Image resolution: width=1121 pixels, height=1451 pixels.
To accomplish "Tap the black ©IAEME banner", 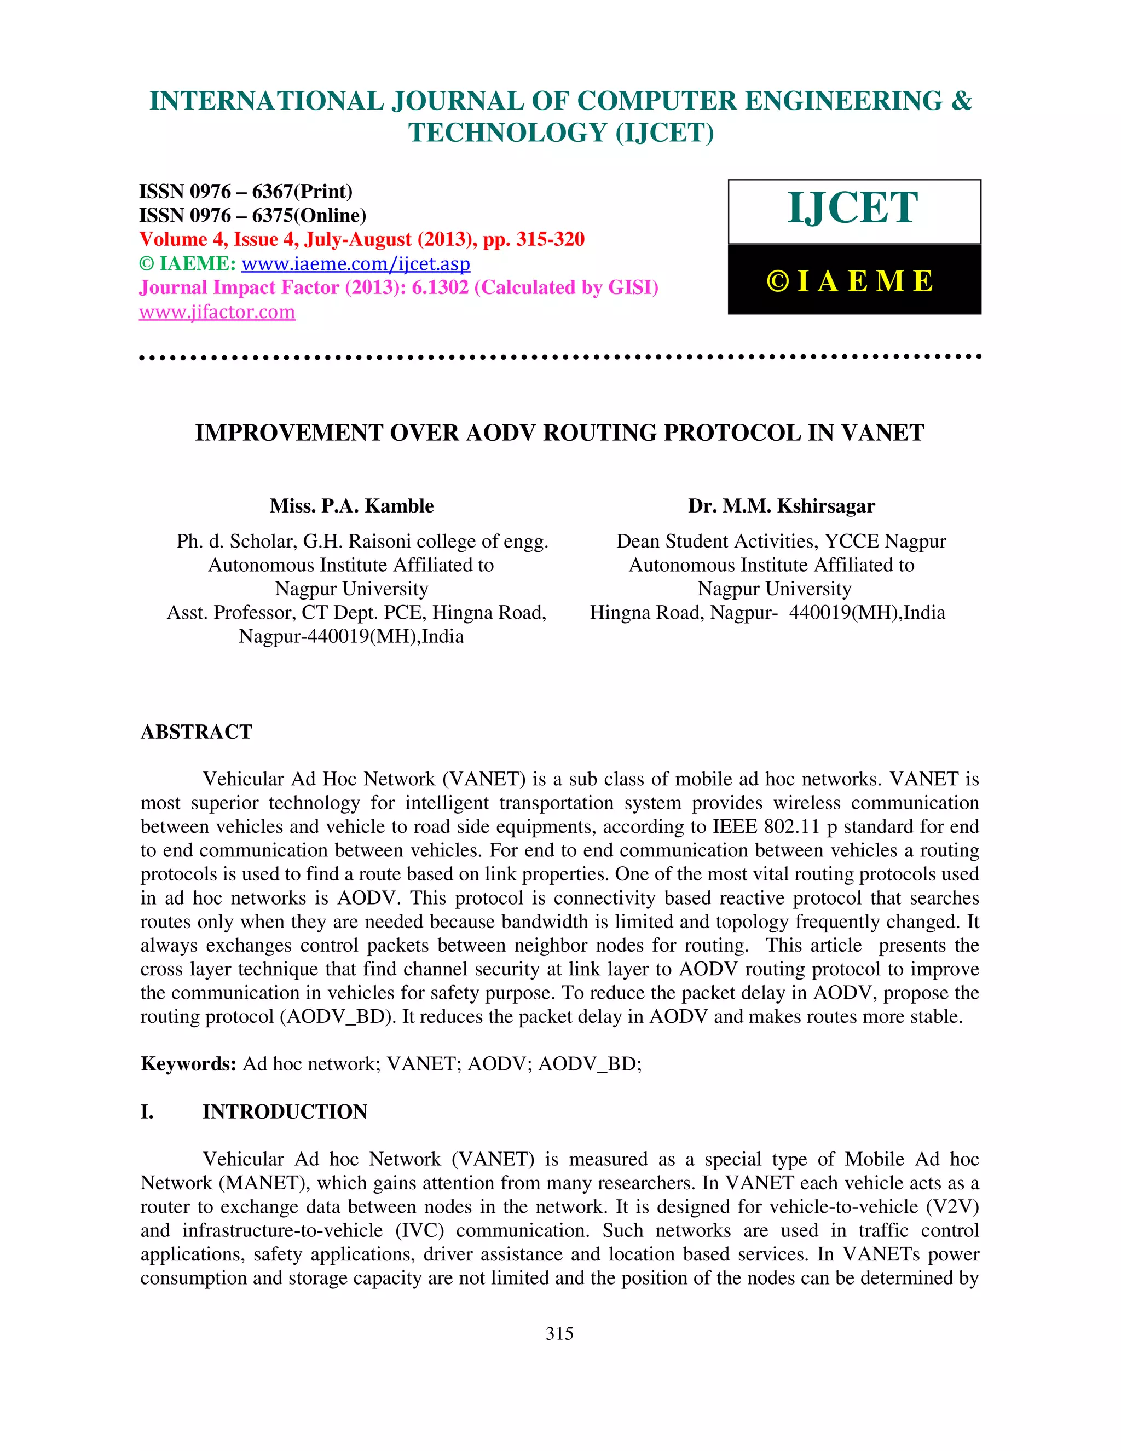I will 854,280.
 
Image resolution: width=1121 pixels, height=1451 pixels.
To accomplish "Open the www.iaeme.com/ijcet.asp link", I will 355,264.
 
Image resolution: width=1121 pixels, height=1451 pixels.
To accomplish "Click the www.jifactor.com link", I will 217,312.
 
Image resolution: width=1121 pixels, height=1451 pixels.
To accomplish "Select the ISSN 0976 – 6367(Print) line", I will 246,191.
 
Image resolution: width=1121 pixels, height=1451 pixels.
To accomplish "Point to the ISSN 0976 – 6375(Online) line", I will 252,215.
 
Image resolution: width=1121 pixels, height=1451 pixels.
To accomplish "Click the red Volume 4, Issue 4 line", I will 361,239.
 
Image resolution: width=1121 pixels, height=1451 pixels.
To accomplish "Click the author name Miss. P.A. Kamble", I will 351,506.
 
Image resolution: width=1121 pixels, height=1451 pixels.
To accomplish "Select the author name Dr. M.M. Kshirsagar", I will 781,506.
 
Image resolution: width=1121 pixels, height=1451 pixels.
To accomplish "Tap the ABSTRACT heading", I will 197,732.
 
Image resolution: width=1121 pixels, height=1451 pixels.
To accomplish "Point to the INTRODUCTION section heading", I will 284,1112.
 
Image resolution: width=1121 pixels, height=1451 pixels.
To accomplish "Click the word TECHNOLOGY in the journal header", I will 507,133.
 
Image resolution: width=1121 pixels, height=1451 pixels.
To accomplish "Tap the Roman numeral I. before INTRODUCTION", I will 147,1112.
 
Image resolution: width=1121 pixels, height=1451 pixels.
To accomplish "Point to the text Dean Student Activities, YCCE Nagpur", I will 781,542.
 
